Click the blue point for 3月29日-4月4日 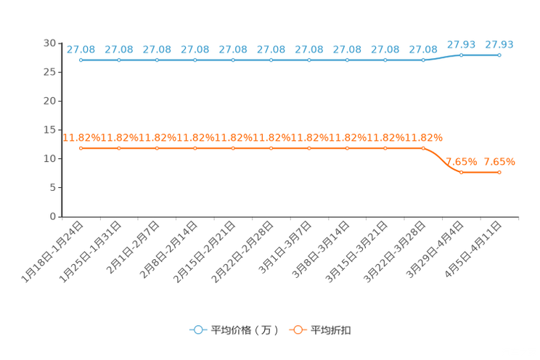(461, 55)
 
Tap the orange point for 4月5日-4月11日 (499, 172)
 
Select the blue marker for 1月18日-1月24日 (81, 60)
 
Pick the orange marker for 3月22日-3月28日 (423, 148)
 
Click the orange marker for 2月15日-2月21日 (233, 148)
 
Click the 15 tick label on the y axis (49, 129)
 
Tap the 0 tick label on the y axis (53, 216)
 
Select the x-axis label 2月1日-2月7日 (133, 247)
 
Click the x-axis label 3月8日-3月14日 (321, 250)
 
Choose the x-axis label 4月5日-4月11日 (472, 250)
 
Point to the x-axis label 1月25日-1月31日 (90, 252)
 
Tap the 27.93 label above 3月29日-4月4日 (461, 44)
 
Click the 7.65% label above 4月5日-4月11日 (499, 162)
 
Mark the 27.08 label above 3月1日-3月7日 (309, 49)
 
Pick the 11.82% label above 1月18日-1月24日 (81, 138)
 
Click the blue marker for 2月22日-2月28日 (271, 60)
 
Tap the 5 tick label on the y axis (53, 187)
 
